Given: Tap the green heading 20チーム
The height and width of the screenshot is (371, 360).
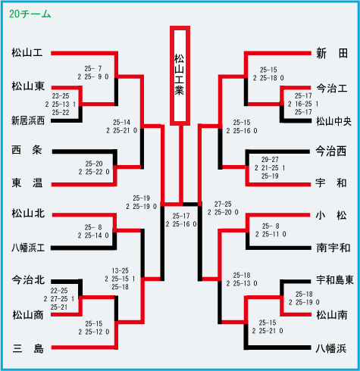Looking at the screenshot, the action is pos(30,14).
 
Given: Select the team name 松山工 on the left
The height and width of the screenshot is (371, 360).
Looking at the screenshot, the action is pos(27,53).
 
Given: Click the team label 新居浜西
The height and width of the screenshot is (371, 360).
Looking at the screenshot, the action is pos(28,120).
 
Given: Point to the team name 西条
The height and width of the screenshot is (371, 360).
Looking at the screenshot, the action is pos(27,150).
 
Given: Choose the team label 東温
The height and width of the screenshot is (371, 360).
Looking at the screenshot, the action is pos(27,182).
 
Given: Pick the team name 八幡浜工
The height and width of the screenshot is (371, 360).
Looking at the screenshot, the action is pos(28,248).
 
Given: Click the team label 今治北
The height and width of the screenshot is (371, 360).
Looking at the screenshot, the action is pos(28,280).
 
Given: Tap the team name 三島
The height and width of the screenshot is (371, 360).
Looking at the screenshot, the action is pos(28,348).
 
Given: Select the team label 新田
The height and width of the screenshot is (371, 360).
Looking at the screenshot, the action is pos(332,54).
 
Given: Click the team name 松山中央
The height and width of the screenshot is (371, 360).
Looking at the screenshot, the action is pos(333,122).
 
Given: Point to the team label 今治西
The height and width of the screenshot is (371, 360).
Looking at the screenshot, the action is pos(331,151).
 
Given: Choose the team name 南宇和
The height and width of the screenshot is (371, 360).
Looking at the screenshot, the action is pos(333,248).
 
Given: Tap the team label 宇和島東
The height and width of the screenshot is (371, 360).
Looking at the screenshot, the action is pos(335,280).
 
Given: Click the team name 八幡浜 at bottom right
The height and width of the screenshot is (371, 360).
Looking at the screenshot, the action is pos(331,348).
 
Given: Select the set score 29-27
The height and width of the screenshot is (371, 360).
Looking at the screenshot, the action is pos(270,160).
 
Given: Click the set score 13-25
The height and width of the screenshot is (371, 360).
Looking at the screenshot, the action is pos(120,271).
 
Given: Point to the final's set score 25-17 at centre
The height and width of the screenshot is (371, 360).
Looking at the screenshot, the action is pos(181,216).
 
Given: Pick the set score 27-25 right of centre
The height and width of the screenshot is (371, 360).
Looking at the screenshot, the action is pos(223,204).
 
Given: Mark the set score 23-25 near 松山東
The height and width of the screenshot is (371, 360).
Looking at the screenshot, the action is pos(61,96).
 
